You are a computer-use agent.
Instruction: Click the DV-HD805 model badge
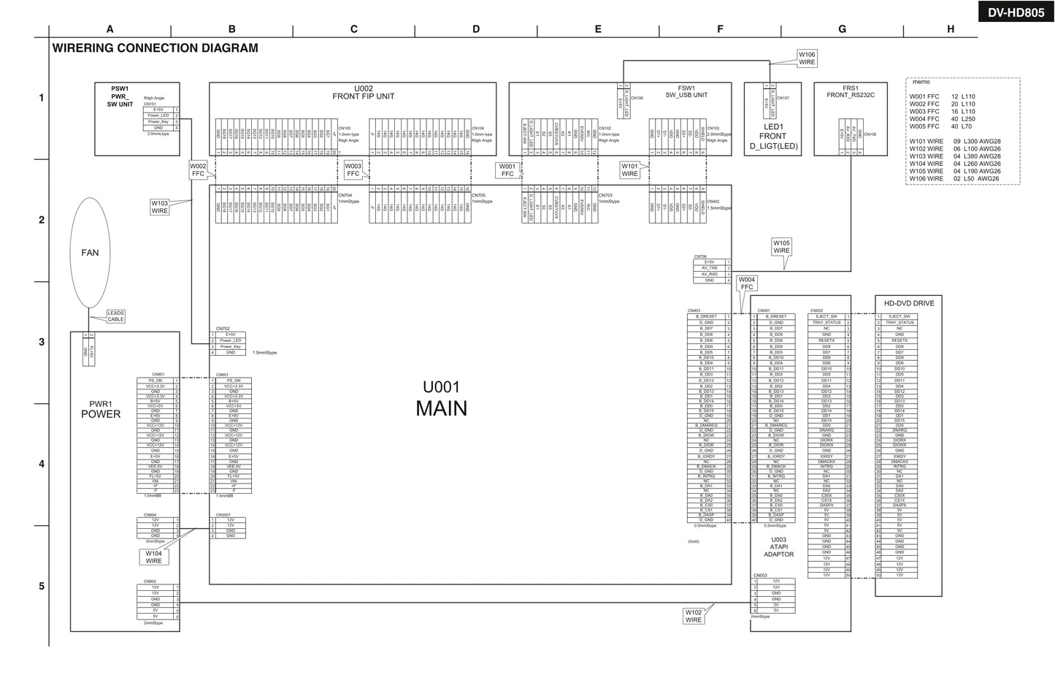point(1016,12)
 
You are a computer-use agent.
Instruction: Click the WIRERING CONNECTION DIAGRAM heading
point(155,48)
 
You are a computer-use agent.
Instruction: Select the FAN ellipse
point(90,253)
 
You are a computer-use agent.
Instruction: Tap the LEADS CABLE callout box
point(115,316)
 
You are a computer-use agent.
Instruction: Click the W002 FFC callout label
point(199,170)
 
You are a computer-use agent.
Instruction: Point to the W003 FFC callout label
point(353,170)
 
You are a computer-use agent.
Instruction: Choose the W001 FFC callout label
point(507,170)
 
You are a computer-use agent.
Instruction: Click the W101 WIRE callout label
point(630,170)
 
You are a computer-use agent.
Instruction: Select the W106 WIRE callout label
point(807,58)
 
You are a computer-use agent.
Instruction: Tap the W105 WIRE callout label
point(781,247)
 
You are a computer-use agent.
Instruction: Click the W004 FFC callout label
point(747,283)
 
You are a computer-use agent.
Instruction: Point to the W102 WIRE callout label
point(694,616)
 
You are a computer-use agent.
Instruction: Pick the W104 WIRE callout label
point(153,557)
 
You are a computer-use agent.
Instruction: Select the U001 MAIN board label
point(441,399)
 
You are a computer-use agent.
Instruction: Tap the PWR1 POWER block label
point(101,409)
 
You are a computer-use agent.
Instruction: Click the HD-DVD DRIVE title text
point(908,303)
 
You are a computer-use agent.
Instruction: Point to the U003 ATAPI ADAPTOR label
point(778,547)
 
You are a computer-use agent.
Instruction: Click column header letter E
point(598,29)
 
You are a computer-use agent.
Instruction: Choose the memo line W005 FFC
point(942,126)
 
